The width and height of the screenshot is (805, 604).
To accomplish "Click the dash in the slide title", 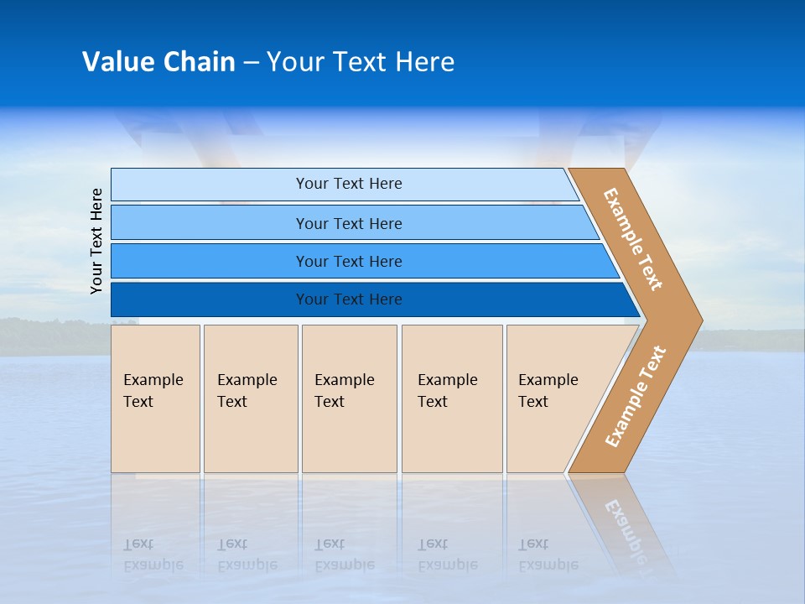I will pyautogui.click(x=251, y=63).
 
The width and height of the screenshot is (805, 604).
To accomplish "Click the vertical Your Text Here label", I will pyautogui.click(x=96, y=241).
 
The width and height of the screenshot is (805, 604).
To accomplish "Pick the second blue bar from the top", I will pyautogui.click(x=349, y=223).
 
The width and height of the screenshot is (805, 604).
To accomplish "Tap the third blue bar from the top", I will pyautogui.click(x=349, y=261).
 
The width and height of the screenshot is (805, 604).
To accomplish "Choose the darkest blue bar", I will pyautogui.click(x=349, y=299).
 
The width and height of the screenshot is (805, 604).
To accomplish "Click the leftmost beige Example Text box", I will pyautogui.click(x=155, y=398).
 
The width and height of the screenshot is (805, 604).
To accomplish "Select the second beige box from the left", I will pyautogui.click(x=250, y=398).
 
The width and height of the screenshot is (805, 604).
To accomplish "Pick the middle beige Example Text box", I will pyautogui.click(x=349, y=398).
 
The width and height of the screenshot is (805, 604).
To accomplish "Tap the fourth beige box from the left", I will pyautogui.click(x=451, y=398).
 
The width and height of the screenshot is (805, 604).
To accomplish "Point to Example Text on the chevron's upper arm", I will pyautogui.click(x=633, y=239).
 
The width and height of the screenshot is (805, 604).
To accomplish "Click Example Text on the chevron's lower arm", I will pyautogui.click(x=636, y=396).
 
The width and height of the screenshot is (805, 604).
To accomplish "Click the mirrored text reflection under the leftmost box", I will pyautogui.click(x=153, y=555).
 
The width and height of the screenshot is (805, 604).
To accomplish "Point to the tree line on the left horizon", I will pyautogui.click(x=50, y=336).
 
